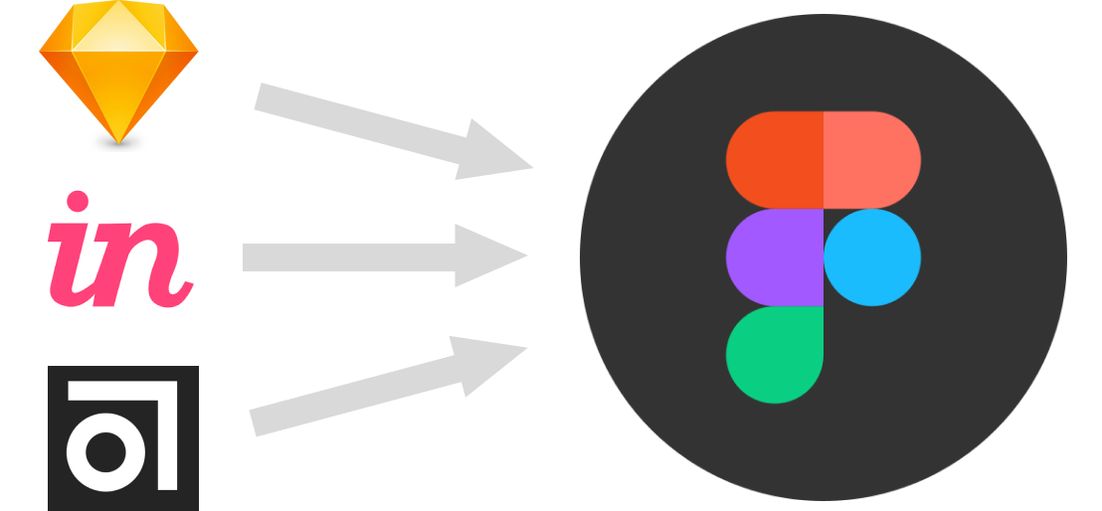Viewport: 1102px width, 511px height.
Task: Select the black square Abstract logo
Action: coord(123,437)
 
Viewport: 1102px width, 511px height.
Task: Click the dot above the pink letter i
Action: coord(78,201)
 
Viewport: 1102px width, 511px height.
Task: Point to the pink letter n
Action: coord(144,265)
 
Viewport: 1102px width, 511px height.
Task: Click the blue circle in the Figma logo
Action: coord(872,257)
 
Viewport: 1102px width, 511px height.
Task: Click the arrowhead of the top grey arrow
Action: coord(494,152)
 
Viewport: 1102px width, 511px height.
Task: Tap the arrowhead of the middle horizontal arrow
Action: coord(489,255)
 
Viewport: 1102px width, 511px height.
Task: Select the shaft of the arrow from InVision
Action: coord(349,257)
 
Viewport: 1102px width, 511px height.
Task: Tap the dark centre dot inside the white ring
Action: coord(105,452)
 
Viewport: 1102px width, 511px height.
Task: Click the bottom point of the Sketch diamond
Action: coord(118,143)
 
